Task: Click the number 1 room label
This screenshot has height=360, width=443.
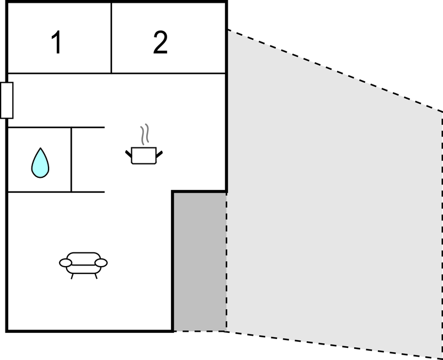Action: (x=56, y=43)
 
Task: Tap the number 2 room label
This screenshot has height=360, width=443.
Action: (x=160, y=43)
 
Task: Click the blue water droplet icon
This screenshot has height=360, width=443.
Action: (x=40, y=163)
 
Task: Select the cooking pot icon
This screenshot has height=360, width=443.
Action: (x=144, y=155)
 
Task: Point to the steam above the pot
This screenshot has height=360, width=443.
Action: (x=145, y=134)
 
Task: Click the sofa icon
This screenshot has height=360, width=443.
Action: (x=83, y=263)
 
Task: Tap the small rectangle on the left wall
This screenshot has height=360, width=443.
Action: (x=7, y=100)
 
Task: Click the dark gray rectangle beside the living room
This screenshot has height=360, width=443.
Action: (x=200, y=261)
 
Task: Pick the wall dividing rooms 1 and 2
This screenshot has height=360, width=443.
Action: (x=111, y=38)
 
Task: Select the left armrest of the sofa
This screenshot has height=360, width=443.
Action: (x=66, y=263)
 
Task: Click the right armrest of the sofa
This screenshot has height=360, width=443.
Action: (x=101, y=262)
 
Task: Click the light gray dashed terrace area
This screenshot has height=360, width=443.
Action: (x=331, y=210)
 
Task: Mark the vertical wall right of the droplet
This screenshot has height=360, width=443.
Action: (x=71, y=160)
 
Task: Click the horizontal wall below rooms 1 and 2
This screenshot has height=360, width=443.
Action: (x=116, y=73)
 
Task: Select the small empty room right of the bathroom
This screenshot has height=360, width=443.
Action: (x=88, y=160)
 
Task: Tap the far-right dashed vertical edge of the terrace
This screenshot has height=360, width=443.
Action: (x=442, y=232)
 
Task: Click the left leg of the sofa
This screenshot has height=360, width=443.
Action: (x=72, y=276)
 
